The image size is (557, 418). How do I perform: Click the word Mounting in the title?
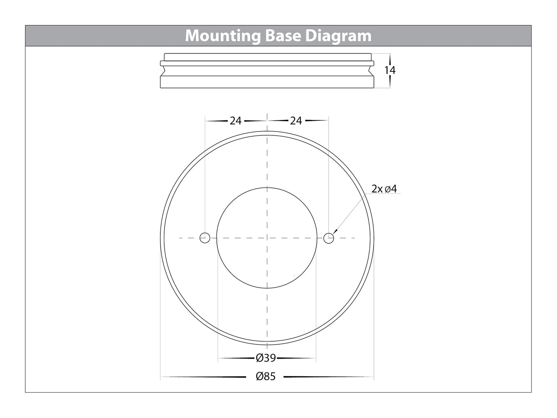223,36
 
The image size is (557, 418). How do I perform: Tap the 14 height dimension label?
390,70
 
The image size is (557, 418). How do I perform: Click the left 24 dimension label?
236,121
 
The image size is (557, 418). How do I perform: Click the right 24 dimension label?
296,121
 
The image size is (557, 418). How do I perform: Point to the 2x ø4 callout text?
384,189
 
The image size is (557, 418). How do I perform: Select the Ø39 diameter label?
266,358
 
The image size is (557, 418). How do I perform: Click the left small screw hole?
205,238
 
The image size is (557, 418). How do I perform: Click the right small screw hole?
328,238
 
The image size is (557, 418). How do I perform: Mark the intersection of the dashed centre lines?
267,238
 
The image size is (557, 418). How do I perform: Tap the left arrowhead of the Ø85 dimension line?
164,376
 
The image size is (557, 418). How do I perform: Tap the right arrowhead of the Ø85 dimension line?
370,376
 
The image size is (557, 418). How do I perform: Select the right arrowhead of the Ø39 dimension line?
313,358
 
